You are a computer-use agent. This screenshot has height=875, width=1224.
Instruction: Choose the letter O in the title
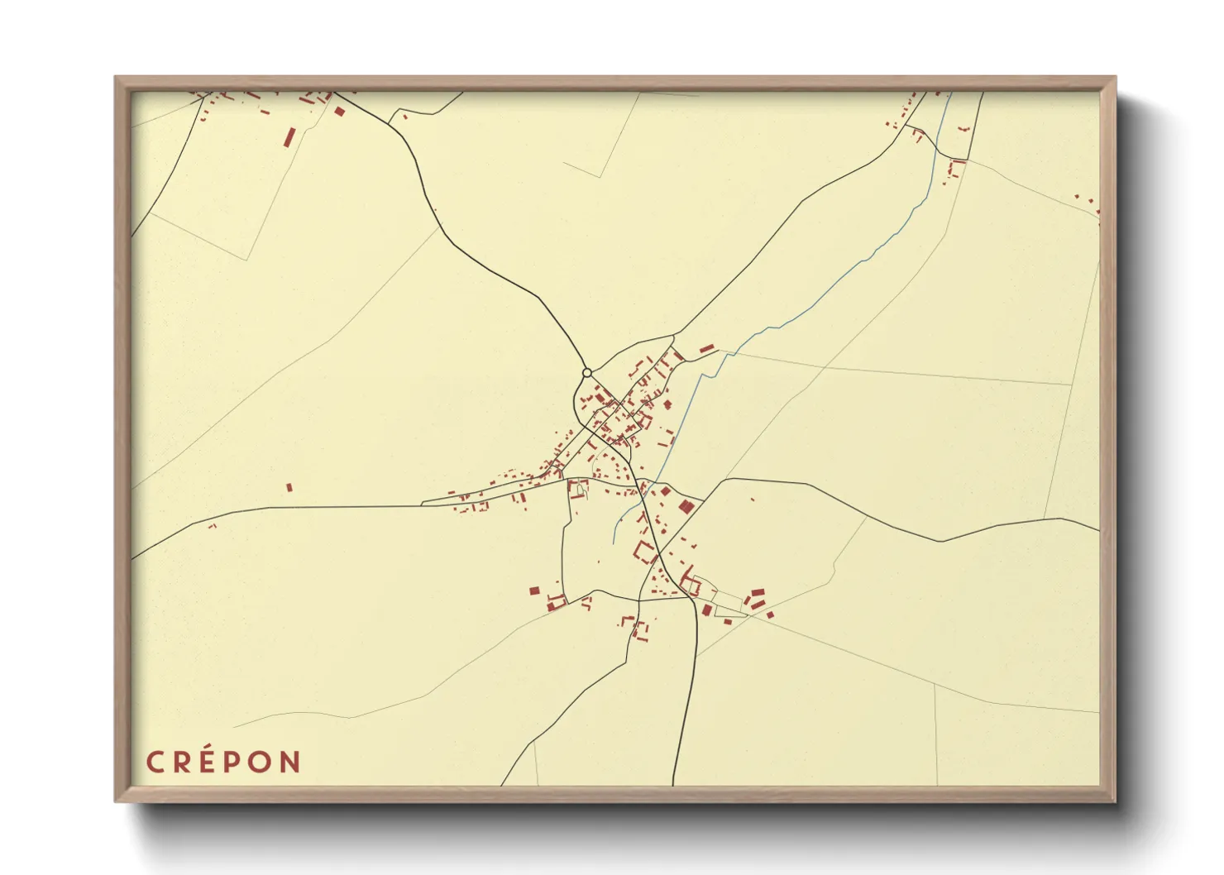260,762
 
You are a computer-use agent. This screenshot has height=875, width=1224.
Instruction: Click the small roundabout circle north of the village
587,373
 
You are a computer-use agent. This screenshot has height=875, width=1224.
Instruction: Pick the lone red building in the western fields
289,488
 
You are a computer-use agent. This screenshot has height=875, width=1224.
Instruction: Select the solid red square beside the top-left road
339,111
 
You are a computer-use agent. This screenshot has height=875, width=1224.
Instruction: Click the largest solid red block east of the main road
686,506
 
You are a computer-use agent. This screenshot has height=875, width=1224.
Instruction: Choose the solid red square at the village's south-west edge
534,591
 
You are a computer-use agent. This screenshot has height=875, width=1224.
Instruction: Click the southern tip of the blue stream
614,543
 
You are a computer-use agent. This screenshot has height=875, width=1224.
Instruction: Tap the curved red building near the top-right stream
957,168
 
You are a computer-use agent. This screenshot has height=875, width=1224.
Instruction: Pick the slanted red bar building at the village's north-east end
706,349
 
